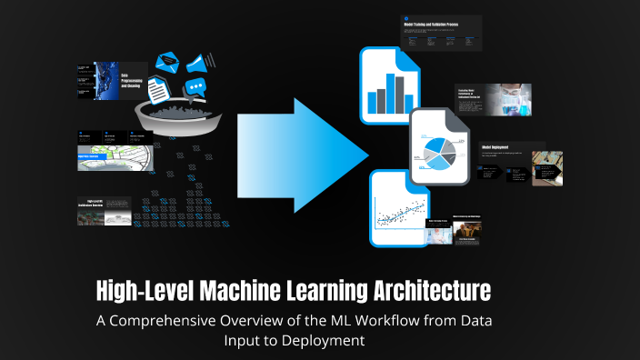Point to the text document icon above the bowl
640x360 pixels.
coord(158,88)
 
